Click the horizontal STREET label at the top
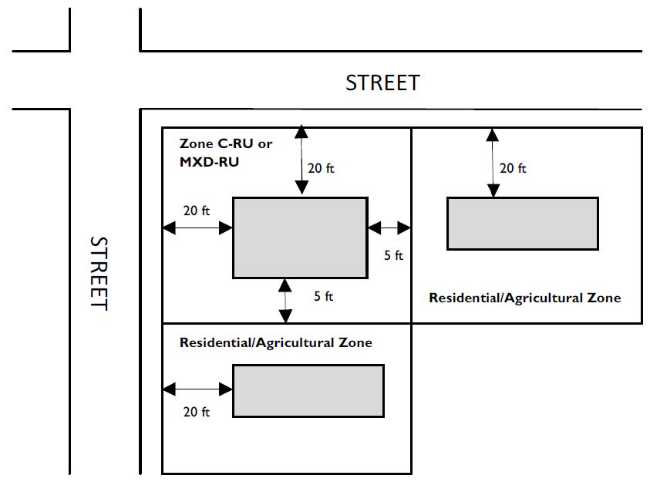382,83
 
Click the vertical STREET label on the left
99,273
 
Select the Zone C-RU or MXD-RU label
225,153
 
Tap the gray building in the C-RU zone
300,238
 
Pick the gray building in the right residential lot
522,224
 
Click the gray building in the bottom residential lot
308,391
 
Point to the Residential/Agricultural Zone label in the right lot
525,298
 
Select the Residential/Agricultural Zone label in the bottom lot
276,342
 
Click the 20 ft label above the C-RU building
321,168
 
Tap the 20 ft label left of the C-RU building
197,211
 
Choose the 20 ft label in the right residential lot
513,168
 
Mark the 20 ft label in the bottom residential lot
197,412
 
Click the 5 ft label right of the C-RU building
393,255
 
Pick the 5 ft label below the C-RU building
323,296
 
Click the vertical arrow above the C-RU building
301,160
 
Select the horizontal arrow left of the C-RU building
197,228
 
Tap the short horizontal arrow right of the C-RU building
389,228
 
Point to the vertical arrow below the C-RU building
285,301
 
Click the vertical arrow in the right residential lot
493,163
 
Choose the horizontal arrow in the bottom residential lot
197,389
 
